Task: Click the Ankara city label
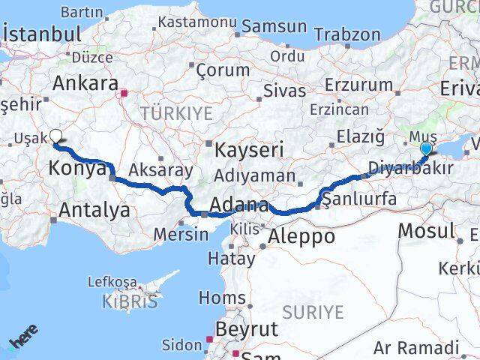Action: coord(87,83)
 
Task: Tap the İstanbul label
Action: coord(42,34)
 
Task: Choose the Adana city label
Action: coord(240,205)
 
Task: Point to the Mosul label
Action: coord(427,231)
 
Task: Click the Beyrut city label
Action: coord(247,328)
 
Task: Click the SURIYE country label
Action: coord(313,311)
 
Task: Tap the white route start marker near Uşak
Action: coord(55,136)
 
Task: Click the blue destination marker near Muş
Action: coord(426,148)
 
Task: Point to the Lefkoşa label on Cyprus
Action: coord(112,282)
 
